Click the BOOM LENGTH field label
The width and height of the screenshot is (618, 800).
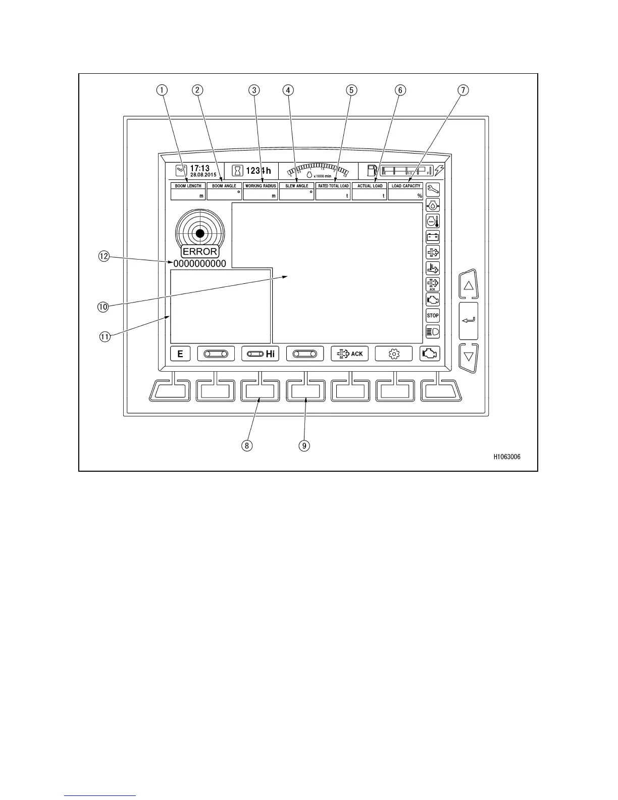[x=188, y=186]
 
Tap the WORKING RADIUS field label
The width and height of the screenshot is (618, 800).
[x=261, y=186]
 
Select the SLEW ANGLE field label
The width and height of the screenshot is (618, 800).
[x=297, y=186]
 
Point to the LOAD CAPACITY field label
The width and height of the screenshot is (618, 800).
[x=406, y=186]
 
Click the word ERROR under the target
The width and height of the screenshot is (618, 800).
[x=200, y=252]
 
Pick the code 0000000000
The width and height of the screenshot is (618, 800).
[x=200, y=264]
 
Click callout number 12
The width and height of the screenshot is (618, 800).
[x=104, y=256]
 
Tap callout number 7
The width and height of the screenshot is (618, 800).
[x=462, y=90]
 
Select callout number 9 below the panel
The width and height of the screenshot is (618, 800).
[x=304, y=445]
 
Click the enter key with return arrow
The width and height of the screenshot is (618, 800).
[x=469, y=320]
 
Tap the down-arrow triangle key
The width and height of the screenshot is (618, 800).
[x=469, y=357]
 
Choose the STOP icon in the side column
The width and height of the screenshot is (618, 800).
[x=433, y=316]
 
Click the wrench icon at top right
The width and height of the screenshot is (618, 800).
[x=433, y=190]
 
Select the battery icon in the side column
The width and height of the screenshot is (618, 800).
[x=433, y=236]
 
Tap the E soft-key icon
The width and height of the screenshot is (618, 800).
[x=180, y=354]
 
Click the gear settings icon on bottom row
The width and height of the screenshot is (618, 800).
[x=394, y=354]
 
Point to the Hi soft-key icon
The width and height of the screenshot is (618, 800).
[x=261, y=354]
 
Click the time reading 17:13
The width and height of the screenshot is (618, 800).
[x=199, y=168]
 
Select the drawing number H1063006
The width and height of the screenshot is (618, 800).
[x=507, y=457]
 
